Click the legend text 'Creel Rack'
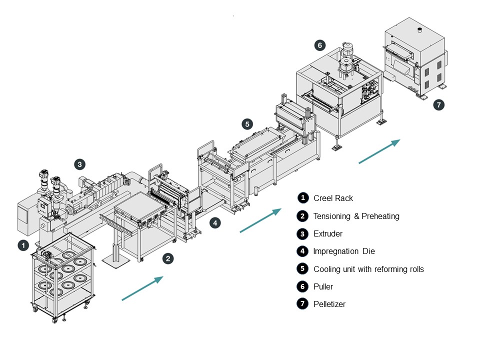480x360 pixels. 333,198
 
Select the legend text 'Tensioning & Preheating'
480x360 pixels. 356,216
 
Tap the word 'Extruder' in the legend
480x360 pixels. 328,233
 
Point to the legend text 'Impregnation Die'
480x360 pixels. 343,251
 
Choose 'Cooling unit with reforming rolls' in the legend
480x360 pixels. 368,269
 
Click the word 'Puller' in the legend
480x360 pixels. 323,287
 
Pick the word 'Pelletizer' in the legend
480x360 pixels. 329,304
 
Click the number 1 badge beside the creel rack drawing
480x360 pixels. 23,245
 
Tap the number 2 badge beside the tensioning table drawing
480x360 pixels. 168,258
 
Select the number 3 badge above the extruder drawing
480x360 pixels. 79,163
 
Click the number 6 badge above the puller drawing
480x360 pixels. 319,45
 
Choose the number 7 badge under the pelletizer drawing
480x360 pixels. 438,105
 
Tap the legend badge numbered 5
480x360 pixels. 302,269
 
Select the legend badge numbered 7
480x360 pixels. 302,304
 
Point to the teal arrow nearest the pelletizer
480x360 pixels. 379,151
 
